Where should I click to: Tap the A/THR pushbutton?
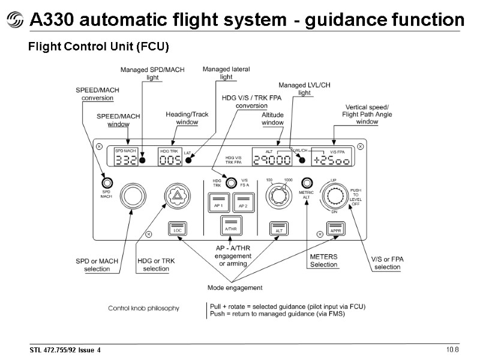pos(230,227)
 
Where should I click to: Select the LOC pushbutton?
pos(178,230)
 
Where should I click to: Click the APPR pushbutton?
pos(335,229)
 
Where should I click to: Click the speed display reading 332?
pos(126,160)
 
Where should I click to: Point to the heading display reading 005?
pos(170,160)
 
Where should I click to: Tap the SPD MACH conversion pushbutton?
pos(106,182)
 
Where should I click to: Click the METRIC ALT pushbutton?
pos(307,182)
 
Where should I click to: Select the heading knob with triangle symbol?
pos(176,196)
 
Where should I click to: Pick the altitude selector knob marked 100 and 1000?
pos(278,196)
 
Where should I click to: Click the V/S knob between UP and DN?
pos(334,196)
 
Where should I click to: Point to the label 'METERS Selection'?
pos(323,260)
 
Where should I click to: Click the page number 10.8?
pos(452,349)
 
